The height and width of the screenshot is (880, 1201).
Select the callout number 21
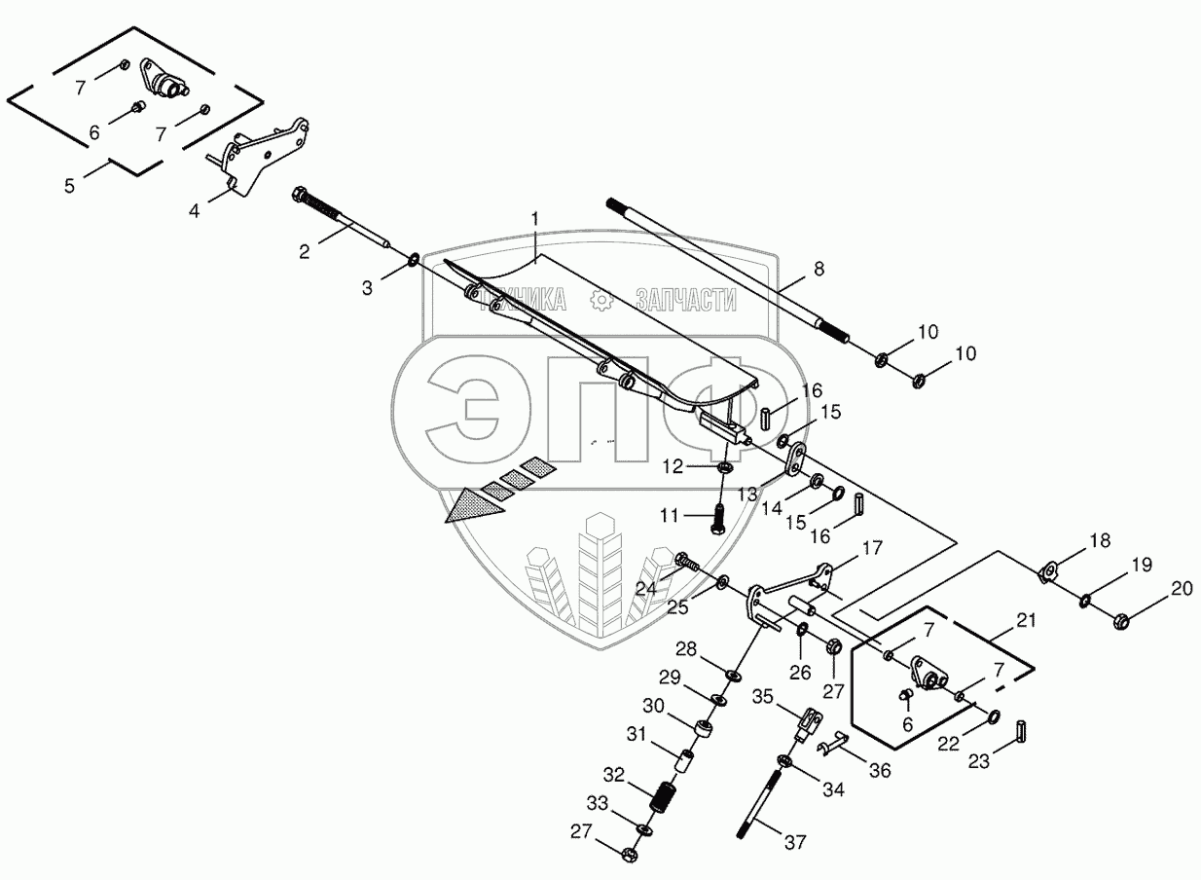(x=1026, y=620)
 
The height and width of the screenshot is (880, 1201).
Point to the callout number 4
(x=195, y=209)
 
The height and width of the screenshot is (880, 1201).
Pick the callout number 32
(x=614, y=775)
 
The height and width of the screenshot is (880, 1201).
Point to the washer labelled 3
(x=415, y=260)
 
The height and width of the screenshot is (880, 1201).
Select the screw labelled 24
(x=687, y=562)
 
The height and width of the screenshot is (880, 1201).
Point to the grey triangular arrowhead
(x=475, y=504)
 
